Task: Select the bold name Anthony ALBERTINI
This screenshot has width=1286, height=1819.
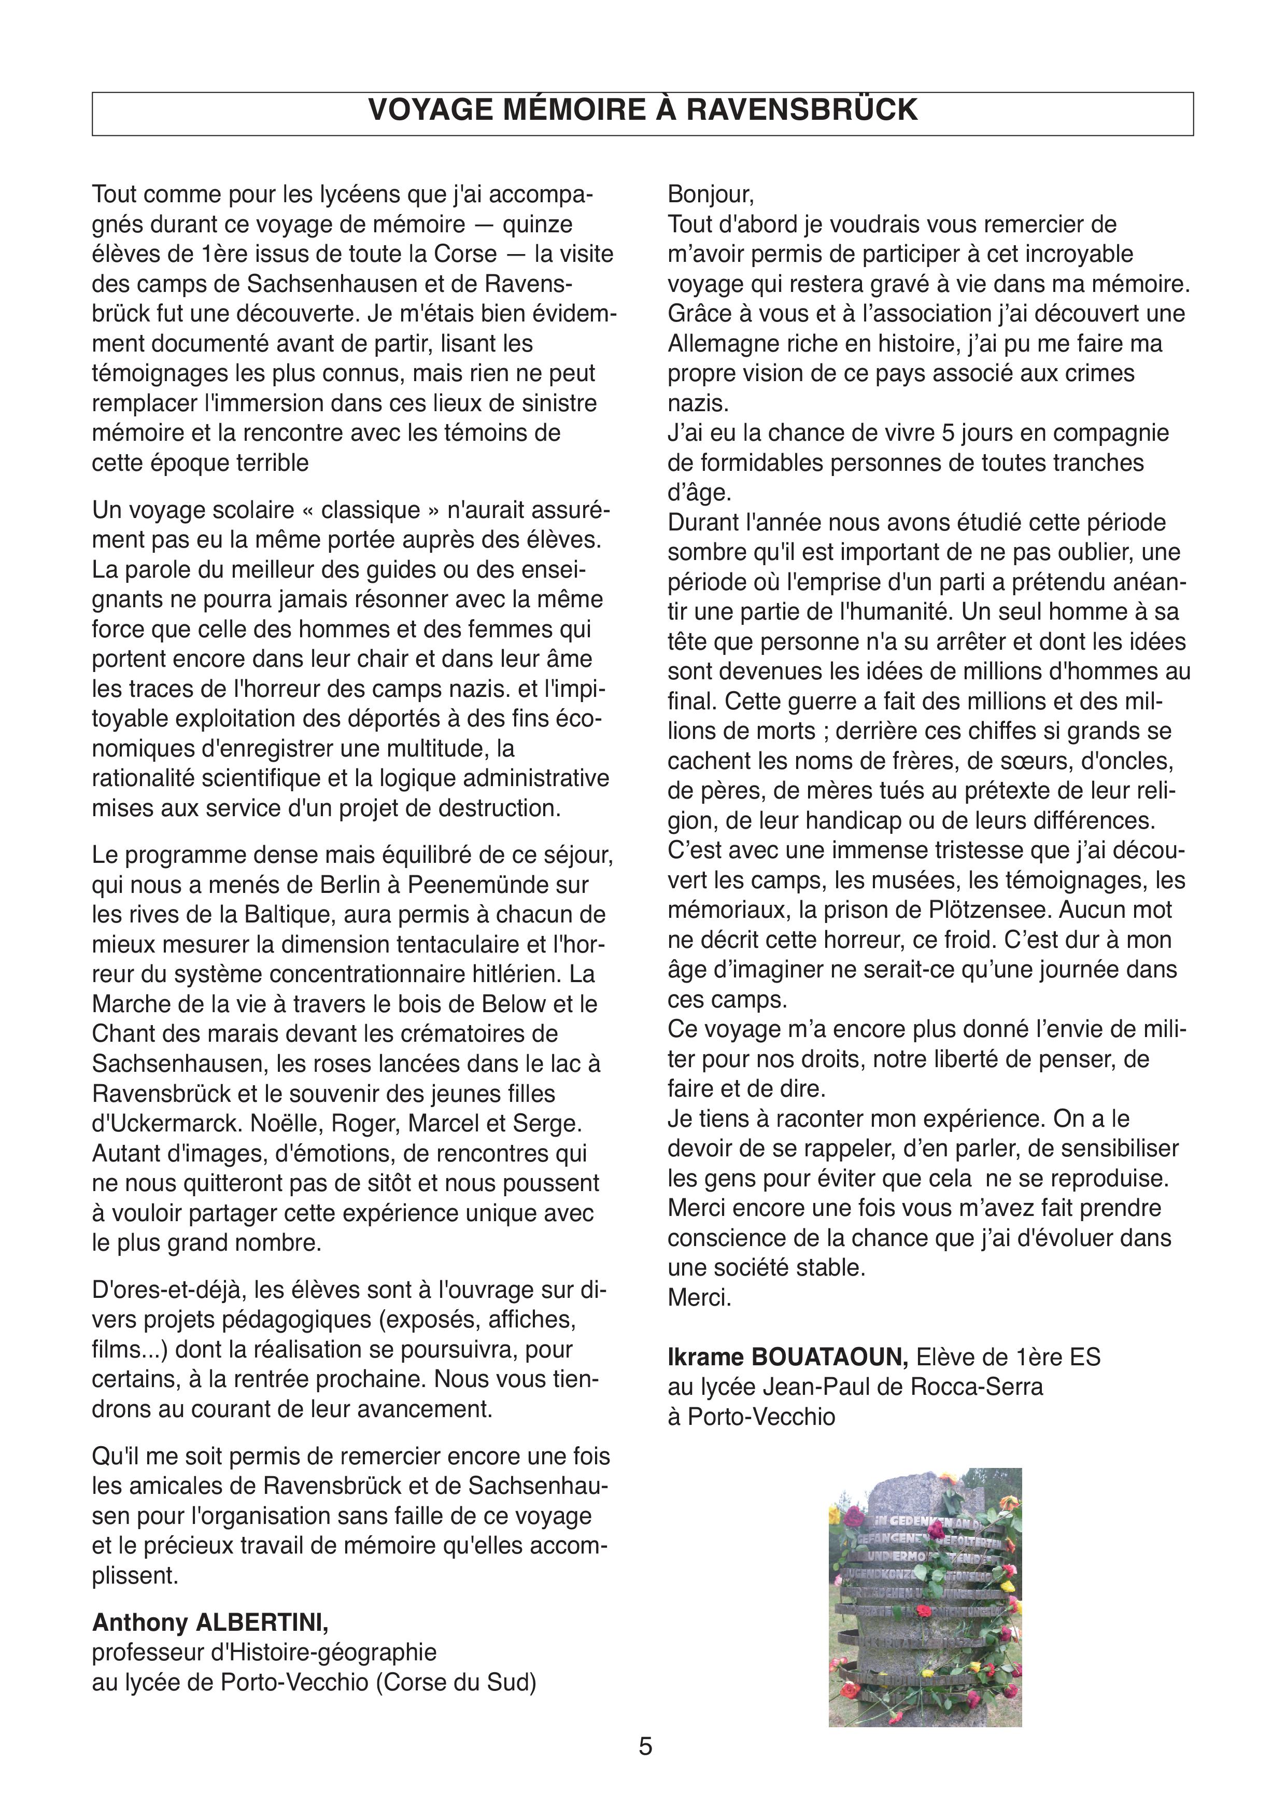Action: (x=210, y=1622)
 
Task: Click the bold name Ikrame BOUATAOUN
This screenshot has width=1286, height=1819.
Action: (x=788, y=1357)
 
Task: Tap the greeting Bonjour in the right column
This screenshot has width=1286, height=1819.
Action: (x=710, y=194)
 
